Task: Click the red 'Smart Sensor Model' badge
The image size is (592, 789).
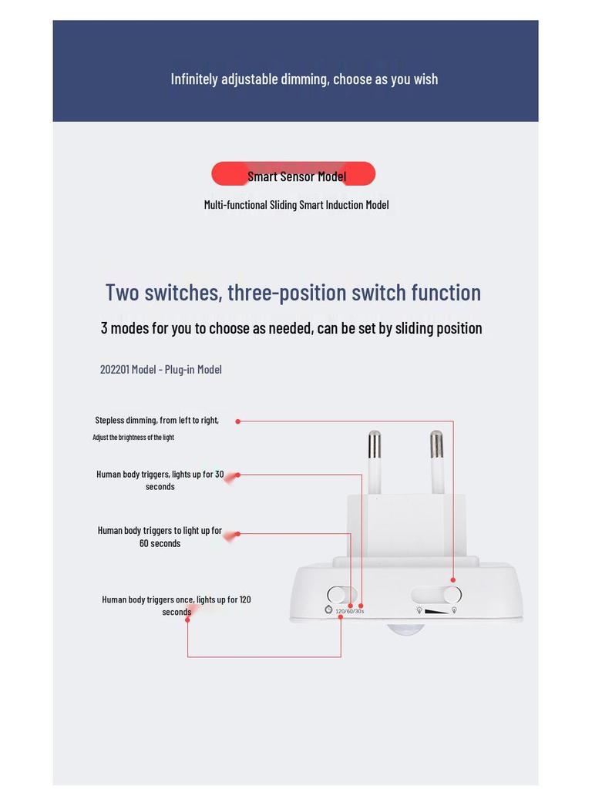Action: (294, 174)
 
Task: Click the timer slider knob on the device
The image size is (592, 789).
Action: (336, 595)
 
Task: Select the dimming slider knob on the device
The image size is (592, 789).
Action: (452, 595)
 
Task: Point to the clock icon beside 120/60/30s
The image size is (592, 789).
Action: (328, 610)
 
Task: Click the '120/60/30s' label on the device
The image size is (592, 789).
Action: (349, 611)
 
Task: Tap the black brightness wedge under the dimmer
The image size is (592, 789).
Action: (436, 611)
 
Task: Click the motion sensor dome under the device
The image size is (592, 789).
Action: (406, 629)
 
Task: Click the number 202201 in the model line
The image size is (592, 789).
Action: (114, 369)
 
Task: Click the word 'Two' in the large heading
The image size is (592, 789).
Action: (122, 292)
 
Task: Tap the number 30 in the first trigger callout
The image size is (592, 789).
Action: (220, 474)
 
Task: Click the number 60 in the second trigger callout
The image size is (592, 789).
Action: (144, 543)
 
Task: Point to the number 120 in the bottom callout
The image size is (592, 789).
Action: (244, 599)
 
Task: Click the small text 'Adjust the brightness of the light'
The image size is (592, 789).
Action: (133, 438)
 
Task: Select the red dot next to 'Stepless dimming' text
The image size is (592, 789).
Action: (237, 421)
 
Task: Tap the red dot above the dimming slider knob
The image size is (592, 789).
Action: (452, 580)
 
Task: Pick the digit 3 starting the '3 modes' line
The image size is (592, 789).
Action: (104, 328)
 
